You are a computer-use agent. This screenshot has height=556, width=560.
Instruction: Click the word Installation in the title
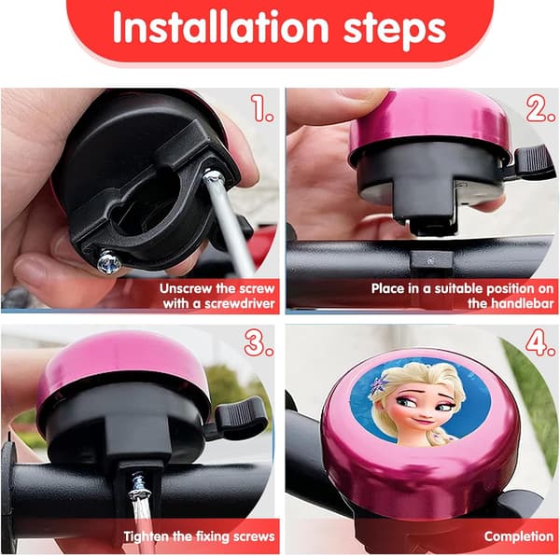point(220,28)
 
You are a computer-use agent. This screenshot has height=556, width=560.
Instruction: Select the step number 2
point(541,108)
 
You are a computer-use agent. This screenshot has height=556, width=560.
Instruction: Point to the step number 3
point(259,343)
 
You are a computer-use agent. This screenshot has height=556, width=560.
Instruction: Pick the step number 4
point(540,343)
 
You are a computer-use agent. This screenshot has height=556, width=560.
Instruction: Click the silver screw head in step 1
point(109,262)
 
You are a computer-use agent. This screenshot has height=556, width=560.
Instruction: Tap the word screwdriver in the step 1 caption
point(237,304)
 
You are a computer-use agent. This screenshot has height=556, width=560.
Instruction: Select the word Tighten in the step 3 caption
point(147,536)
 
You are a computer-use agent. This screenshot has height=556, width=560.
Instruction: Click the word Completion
point(519,536)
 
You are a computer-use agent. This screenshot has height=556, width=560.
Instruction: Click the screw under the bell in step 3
point(139,485)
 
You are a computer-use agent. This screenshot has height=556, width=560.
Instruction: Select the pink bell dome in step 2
point(428,123)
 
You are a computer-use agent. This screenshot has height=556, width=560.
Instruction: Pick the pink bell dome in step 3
point(121,364)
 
